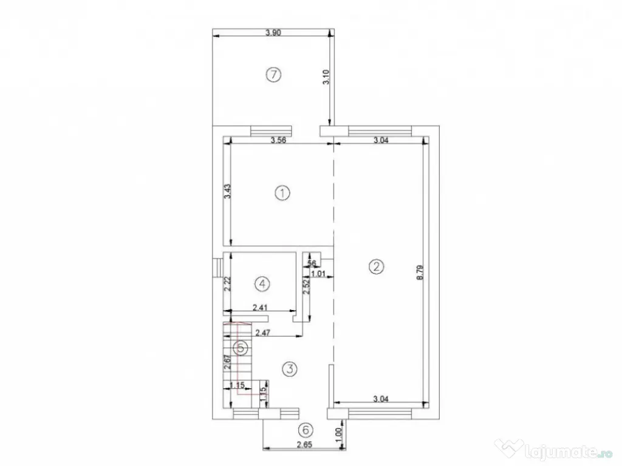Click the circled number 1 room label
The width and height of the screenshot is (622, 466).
282,193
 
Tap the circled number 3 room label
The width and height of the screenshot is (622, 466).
290,368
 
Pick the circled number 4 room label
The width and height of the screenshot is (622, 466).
262,283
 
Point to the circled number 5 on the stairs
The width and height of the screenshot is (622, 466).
241,348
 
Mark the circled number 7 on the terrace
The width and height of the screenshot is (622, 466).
275,75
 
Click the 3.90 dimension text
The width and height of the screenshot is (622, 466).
273,34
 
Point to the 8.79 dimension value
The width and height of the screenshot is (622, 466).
419,272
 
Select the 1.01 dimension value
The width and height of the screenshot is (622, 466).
320,274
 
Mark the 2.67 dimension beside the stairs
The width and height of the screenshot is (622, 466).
226,363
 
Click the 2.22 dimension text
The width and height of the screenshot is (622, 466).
226,285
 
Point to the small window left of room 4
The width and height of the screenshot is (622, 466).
216,268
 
